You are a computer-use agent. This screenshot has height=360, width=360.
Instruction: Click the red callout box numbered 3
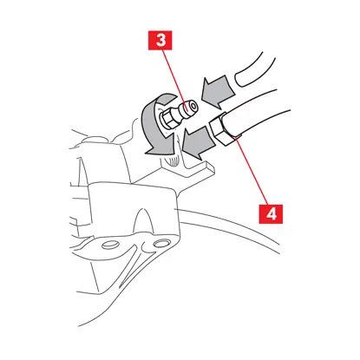point(160,40)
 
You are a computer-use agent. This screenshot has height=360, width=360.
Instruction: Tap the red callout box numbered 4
point(271,214)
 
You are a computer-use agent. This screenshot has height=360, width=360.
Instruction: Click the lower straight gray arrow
point(198,141)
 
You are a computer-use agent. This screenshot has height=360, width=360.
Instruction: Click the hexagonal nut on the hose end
point(220,129)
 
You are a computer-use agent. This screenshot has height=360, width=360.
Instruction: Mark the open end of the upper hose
point(241,79)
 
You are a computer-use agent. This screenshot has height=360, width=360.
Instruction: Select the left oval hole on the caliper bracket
point(108,245)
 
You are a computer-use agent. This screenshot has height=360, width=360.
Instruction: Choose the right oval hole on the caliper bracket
point(159,245)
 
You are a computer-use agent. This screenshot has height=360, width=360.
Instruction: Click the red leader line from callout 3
point(174,80)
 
